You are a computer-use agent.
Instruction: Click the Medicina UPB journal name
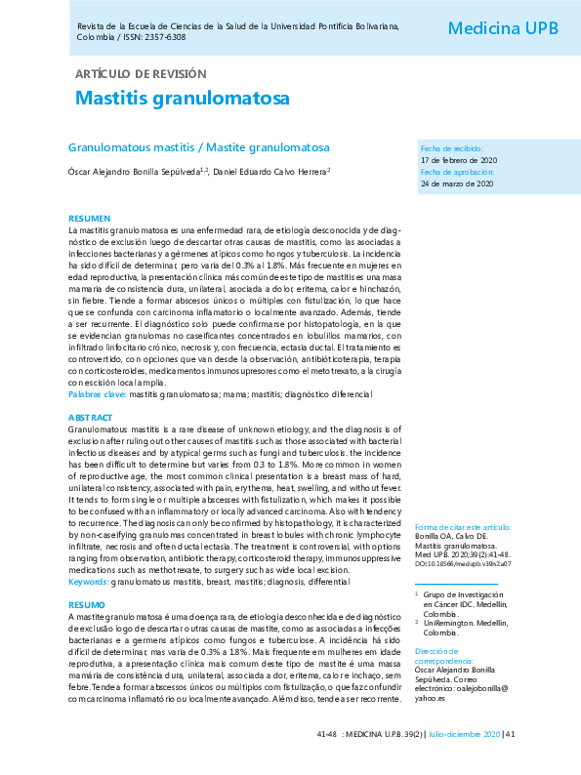pyautogui.click(x=503, y=28)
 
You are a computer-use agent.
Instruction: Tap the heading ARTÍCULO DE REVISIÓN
pyautogui.click(x=141, y=74)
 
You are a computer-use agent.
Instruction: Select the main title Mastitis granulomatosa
pyautogui.click(x=183, y=101)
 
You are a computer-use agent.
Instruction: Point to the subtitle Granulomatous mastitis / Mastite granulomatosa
pyautogui.click(x=198, y=147)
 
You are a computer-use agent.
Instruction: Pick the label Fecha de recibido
pyautogui.click(x=451, y=148)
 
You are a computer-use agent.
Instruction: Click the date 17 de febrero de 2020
pyautogui.click(x=459, y=159)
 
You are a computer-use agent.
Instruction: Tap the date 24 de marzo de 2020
pyautogui.click(x=456, y=184)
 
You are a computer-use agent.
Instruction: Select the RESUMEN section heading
pyautogui.click(x=89, y=218)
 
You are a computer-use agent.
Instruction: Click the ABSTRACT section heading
pyautogui.click(x=91, y=417)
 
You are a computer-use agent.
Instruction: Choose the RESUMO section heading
pyautogui.click(x=87, y=605)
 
